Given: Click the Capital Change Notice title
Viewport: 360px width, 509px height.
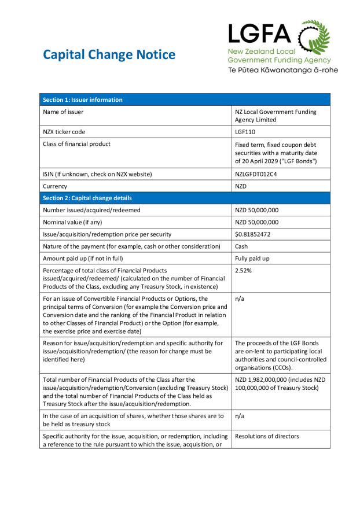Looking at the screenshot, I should point(109,55).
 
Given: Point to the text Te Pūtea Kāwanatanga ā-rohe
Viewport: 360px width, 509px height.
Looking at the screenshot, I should point(282,70).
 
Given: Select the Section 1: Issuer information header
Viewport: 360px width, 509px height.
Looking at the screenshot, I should point(82,100).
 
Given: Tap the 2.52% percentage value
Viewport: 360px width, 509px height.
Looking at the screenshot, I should point(244,270).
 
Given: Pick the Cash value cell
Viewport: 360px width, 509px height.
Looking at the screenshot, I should point(241,246).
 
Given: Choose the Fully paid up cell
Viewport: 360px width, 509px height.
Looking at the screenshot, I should point(252,259).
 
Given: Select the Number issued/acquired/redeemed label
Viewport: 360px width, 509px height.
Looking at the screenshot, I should point(91,210).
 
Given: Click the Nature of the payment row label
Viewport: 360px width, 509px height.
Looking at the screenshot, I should point(131,246).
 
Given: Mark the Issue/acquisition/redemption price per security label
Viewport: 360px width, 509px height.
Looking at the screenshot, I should point(107,234).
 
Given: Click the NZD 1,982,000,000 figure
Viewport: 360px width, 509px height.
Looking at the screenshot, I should point(262,379).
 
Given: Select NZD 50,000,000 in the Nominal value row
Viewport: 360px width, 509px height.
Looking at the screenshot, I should point(256,222).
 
